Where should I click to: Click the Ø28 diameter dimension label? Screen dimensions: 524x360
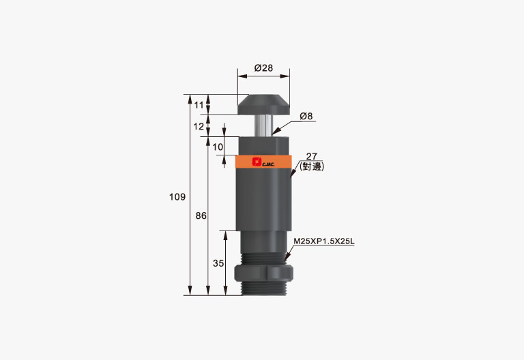click(x=263, y=67)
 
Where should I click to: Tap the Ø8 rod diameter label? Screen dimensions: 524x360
click(x=306, y=116)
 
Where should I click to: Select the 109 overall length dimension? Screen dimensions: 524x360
click(x=177, y=196)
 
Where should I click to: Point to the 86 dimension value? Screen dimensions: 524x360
click(x=201, y=215)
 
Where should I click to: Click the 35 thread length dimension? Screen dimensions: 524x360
click(x=218, y=263)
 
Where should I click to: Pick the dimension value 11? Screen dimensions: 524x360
click(x=199, y=105)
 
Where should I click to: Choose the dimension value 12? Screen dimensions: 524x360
click(x=199, y=126)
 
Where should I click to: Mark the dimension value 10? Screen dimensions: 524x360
click(x=218, y=147)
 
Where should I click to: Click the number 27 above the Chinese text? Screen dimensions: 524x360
click(x=311, y=156)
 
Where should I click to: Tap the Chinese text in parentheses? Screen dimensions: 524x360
click(x=312, y=166)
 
